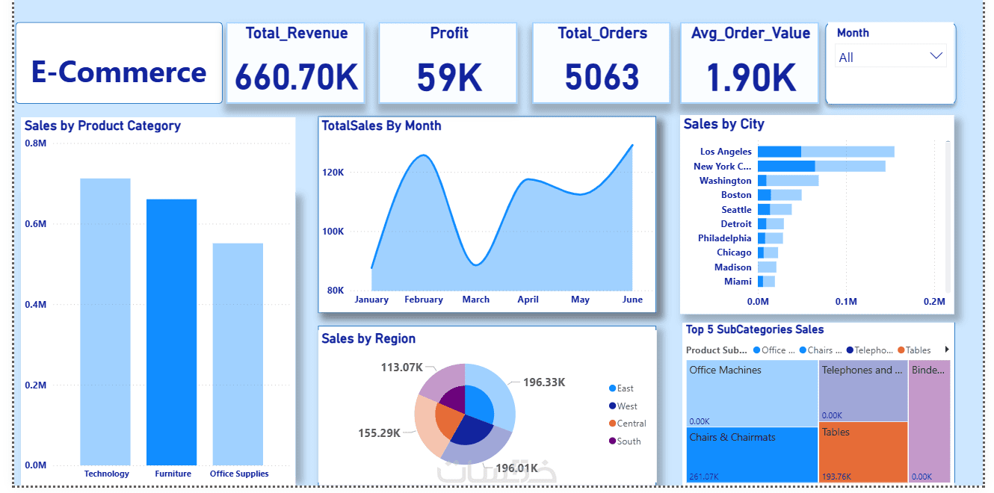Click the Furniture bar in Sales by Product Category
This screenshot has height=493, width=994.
pos(171,332)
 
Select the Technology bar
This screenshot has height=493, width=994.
pos(105,322)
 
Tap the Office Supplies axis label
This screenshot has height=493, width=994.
pos(239,474)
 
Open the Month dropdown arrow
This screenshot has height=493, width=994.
pos(936,56)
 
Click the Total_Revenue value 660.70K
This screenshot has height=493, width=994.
pos(296,76)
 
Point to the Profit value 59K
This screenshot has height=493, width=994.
pos(449,76)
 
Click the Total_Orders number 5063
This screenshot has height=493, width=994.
pos(602,76)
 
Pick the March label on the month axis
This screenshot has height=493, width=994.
pos(475,300)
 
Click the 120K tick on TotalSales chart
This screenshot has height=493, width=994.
pos(333,173)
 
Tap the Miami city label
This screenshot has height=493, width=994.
pos(738,282)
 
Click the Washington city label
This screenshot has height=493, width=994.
pos(725,181)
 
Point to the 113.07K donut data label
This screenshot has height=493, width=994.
pos(402,367)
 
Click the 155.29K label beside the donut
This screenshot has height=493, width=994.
pos(380,432)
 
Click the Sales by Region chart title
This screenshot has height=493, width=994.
pos(368,338)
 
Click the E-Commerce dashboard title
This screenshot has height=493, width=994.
pos(119,72)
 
